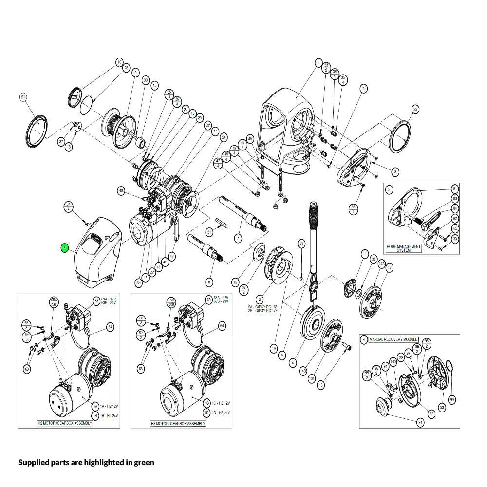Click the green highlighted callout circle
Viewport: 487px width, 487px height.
(64, 248)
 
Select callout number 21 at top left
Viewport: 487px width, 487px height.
(23, 97)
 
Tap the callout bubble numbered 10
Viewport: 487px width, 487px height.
(119, 62)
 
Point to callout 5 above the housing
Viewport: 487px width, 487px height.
(318, 63)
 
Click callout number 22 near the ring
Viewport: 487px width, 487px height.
(415, 109)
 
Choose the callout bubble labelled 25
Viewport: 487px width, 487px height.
(363, 88)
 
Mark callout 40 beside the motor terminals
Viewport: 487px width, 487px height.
(121, 190)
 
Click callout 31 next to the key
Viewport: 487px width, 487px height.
(209, 232)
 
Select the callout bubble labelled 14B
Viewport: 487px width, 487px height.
(302, 371)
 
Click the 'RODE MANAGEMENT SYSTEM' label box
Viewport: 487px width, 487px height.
(403, 248)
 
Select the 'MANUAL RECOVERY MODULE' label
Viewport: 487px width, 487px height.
(393, 339)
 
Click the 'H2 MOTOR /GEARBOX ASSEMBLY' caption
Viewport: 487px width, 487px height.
(65, 423)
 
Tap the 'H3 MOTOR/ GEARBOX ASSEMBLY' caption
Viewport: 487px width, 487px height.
(178, 424)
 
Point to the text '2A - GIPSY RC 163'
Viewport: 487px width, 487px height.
(262, 306)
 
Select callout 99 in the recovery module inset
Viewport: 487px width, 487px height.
(452, 400)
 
